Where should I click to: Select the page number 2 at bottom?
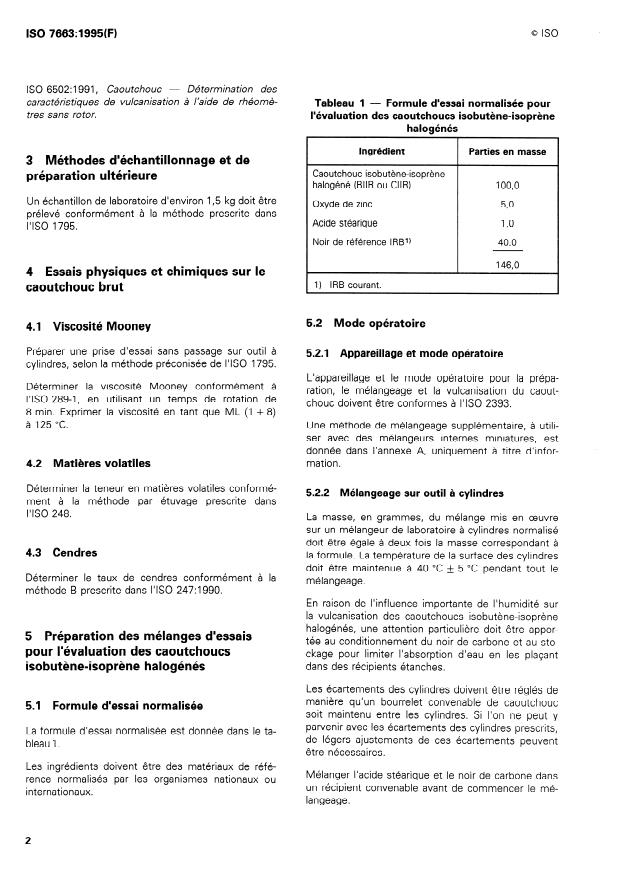tap(28, 840)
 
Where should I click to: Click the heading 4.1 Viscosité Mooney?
tap(89, 326)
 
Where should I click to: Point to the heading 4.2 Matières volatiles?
tap(88, 463)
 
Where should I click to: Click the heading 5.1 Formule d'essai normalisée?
tap(112, 704)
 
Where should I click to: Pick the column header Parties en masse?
tap(506, 152)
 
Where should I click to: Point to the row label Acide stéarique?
tap(345, 223)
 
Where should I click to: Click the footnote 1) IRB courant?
tap(349, 285)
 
